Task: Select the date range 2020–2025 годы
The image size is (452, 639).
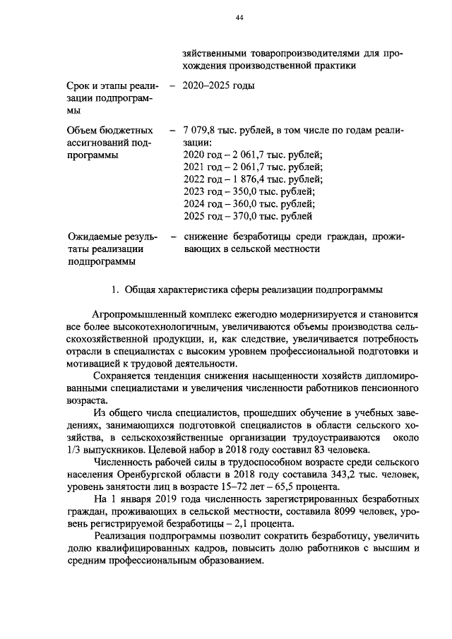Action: pyautogui.click(x=218, y=86)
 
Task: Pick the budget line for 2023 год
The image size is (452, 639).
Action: pyautogui.click(x=249, y=191)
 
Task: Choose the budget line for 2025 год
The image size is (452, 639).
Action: pyautogui.click(x=249, y=216)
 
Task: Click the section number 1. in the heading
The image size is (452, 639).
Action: pyautogui.click(x=117, y=289)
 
